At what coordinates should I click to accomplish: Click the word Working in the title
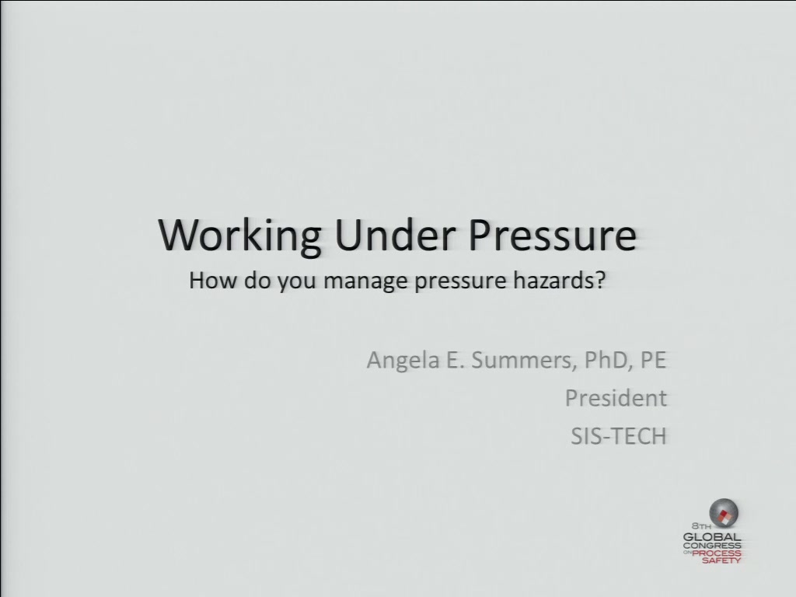point(239,236)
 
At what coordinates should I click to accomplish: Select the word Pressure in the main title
point(552,235)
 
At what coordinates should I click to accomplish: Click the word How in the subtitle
point(213,280)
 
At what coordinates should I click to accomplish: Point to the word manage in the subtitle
point(365,281)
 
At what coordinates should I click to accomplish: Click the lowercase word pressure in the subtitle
point(460,281)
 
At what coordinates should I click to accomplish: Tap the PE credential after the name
point(653,360)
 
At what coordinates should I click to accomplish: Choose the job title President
point(616,398)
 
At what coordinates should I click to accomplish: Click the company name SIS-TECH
point(619,436)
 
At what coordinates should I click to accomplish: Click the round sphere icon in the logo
point(724,513)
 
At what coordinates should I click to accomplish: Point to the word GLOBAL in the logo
point(712,537)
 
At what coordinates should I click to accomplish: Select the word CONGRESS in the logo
point(712,546)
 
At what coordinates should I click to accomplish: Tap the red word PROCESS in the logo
point(717,553)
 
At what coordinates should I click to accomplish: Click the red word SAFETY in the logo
point(721,560)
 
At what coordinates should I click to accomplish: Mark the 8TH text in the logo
point(701,526)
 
